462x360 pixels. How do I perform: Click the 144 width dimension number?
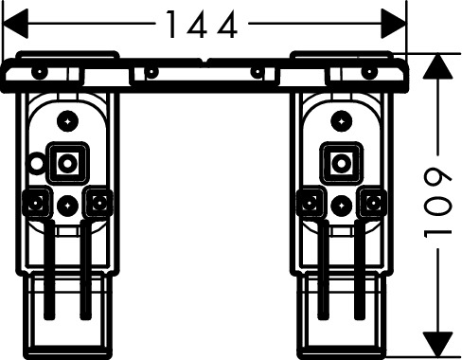tap(202, 25)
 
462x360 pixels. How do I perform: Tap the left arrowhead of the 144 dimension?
tap(15, 24)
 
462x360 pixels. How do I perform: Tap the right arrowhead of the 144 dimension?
tap(394, 24)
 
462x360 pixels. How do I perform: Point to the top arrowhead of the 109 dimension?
tap(437, 66)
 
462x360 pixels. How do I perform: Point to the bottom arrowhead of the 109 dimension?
tap(437, 345)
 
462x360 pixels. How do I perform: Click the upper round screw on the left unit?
tap(68, 121)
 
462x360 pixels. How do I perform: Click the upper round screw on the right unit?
tap(342, 121)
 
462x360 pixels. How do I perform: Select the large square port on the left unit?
tap(67, 163)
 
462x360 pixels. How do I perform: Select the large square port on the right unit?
tap(341, 163)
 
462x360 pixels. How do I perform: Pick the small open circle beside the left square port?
tap(37, 163)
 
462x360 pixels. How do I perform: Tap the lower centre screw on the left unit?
tap(68, 206)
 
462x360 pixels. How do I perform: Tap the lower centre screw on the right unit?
tap(342, 206)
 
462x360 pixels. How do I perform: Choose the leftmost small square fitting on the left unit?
tap(37, 203)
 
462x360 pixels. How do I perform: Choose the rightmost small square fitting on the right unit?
tap(373, 203)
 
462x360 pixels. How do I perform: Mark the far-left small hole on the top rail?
tap(40, 72)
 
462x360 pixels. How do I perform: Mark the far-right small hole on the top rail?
tap(369, 72)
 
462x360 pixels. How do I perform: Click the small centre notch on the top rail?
tap(205, 61)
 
